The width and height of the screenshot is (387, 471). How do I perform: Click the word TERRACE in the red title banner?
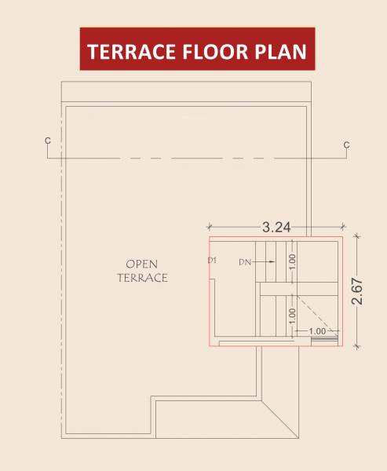[130, 52]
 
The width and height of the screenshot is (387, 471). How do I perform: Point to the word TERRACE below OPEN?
[141, 277]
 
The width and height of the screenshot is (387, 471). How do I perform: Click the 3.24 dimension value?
[277, 228]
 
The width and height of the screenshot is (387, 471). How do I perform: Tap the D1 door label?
[212, 259]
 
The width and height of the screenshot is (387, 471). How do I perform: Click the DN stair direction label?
[244, 264]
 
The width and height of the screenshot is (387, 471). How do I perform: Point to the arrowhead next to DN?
[255, 264]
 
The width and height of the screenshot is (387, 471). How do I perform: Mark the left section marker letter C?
[48, 141]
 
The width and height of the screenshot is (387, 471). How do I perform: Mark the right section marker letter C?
[346, 144]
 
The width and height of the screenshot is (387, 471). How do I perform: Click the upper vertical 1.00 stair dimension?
[291, 261]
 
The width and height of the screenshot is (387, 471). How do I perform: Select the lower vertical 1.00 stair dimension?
[291, 314]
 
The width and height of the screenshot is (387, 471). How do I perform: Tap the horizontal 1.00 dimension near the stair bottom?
[317, 331]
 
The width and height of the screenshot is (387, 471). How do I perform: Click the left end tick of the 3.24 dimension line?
[210, 232]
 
